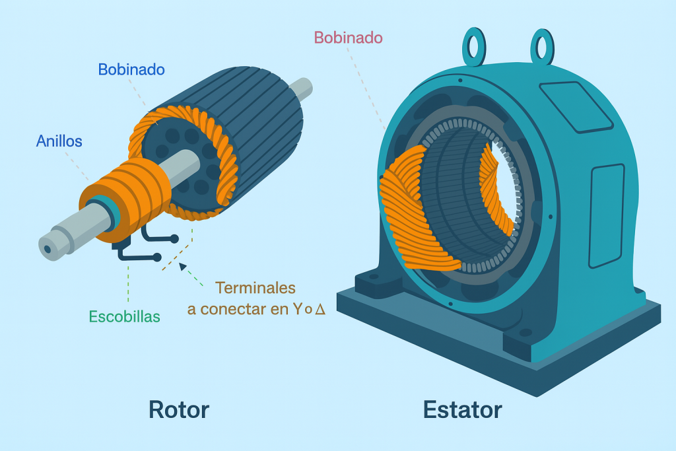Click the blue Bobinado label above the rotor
(131, 69)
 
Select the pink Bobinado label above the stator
(348, 38)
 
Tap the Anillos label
(59, 141)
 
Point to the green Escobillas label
(124, 316)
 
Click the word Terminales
(255, 288)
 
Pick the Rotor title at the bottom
(178, 409)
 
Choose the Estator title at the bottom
(462, 409)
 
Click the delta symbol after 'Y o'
(320, 308)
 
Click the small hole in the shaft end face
(48, 249)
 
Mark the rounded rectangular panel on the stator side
(605, 215)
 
